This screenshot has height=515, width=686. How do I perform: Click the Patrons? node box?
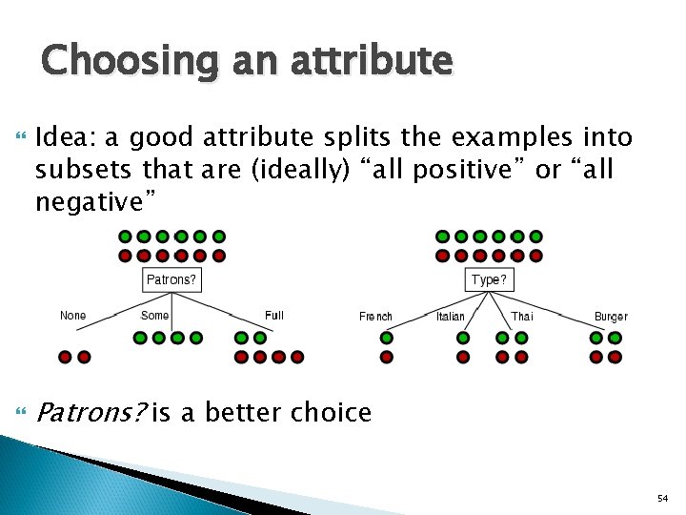pos(171,280)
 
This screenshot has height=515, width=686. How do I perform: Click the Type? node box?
pos(490,280)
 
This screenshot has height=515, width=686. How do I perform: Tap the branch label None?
pos(72,316)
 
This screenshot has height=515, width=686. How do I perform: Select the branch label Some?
pos(154,316)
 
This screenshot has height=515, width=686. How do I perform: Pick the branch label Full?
pos(273,316)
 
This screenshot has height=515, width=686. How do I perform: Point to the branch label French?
pos(375,317)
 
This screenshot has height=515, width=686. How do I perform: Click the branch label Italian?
pos(451,317)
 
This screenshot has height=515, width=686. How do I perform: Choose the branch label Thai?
pos(521,317)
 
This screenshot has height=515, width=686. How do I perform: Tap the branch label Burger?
pos(611,317)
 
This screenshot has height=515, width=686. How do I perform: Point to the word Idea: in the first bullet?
pos(65,139)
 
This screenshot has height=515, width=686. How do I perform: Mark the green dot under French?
pos(387,338)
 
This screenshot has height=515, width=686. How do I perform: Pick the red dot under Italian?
pos(463,357)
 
